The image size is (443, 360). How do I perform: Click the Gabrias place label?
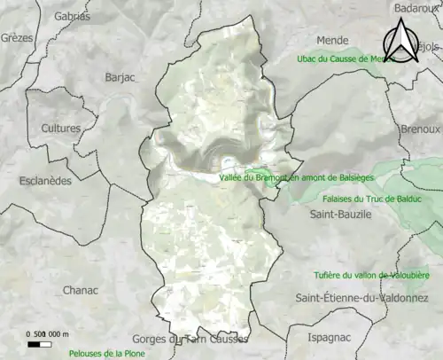coord(72,16)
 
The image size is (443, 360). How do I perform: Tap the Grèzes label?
coord(16,38)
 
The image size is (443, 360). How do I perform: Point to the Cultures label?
coord(60,129)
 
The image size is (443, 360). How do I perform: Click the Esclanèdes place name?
coord(45,181)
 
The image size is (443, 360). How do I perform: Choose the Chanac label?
coord(82,290)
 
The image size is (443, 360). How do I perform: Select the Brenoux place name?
coord(420,129)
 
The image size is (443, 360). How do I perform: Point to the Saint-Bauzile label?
coord(340,215)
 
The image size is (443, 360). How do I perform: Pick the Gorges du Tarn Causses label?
coord(190,339)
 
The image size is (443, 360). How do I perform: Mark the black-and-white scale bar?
coord(39,342)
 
